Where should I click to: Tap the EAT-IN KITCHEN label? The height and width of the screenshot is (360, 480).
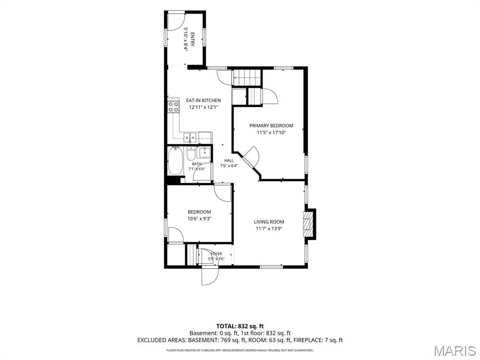click(203, 100)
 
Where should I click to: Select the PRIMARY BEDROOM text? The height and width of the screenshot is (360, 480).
click(271, 126)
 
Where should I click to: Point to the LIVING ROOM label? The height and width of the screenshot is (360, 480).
click(269, 222)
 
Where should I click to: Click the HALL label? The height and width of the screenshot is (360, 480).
click(229, 160)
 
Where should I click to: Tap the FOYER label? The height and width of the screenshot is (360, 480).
click(217, 254)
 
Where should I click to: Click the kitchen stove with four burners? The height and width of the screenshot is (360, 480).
click(173, 106)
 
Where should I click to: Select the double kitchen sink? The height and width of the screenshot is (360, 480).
click(190, 138)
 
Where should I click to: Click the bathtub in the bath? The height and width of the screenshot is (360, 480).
click(175, 161)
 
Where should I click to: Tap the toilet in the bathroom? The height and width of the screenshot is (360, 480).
click(190, 154)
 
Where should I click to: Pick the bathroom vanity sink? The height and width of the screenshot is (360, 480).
click(204, 152)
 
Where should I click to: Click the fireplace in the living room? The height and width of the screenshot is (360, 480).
click(308, 224)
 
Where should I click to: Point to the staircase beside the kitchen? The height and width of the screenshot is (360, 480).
click(247, 78)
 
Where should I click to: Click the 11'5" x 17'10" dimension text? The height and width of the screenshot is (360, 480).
click(271, 133)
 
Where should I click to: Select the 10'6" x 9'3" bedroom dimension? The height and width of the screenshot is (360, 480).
click(199, 218)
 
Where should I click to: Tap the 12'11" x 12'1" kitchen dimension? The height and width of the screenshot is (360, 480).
click(203, 107)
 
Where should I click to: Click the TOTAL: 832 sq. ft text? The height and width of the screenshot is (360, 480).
click(240, 326)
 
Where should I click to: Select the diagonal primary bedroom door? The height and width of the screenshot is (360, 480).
click(251, 157)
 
